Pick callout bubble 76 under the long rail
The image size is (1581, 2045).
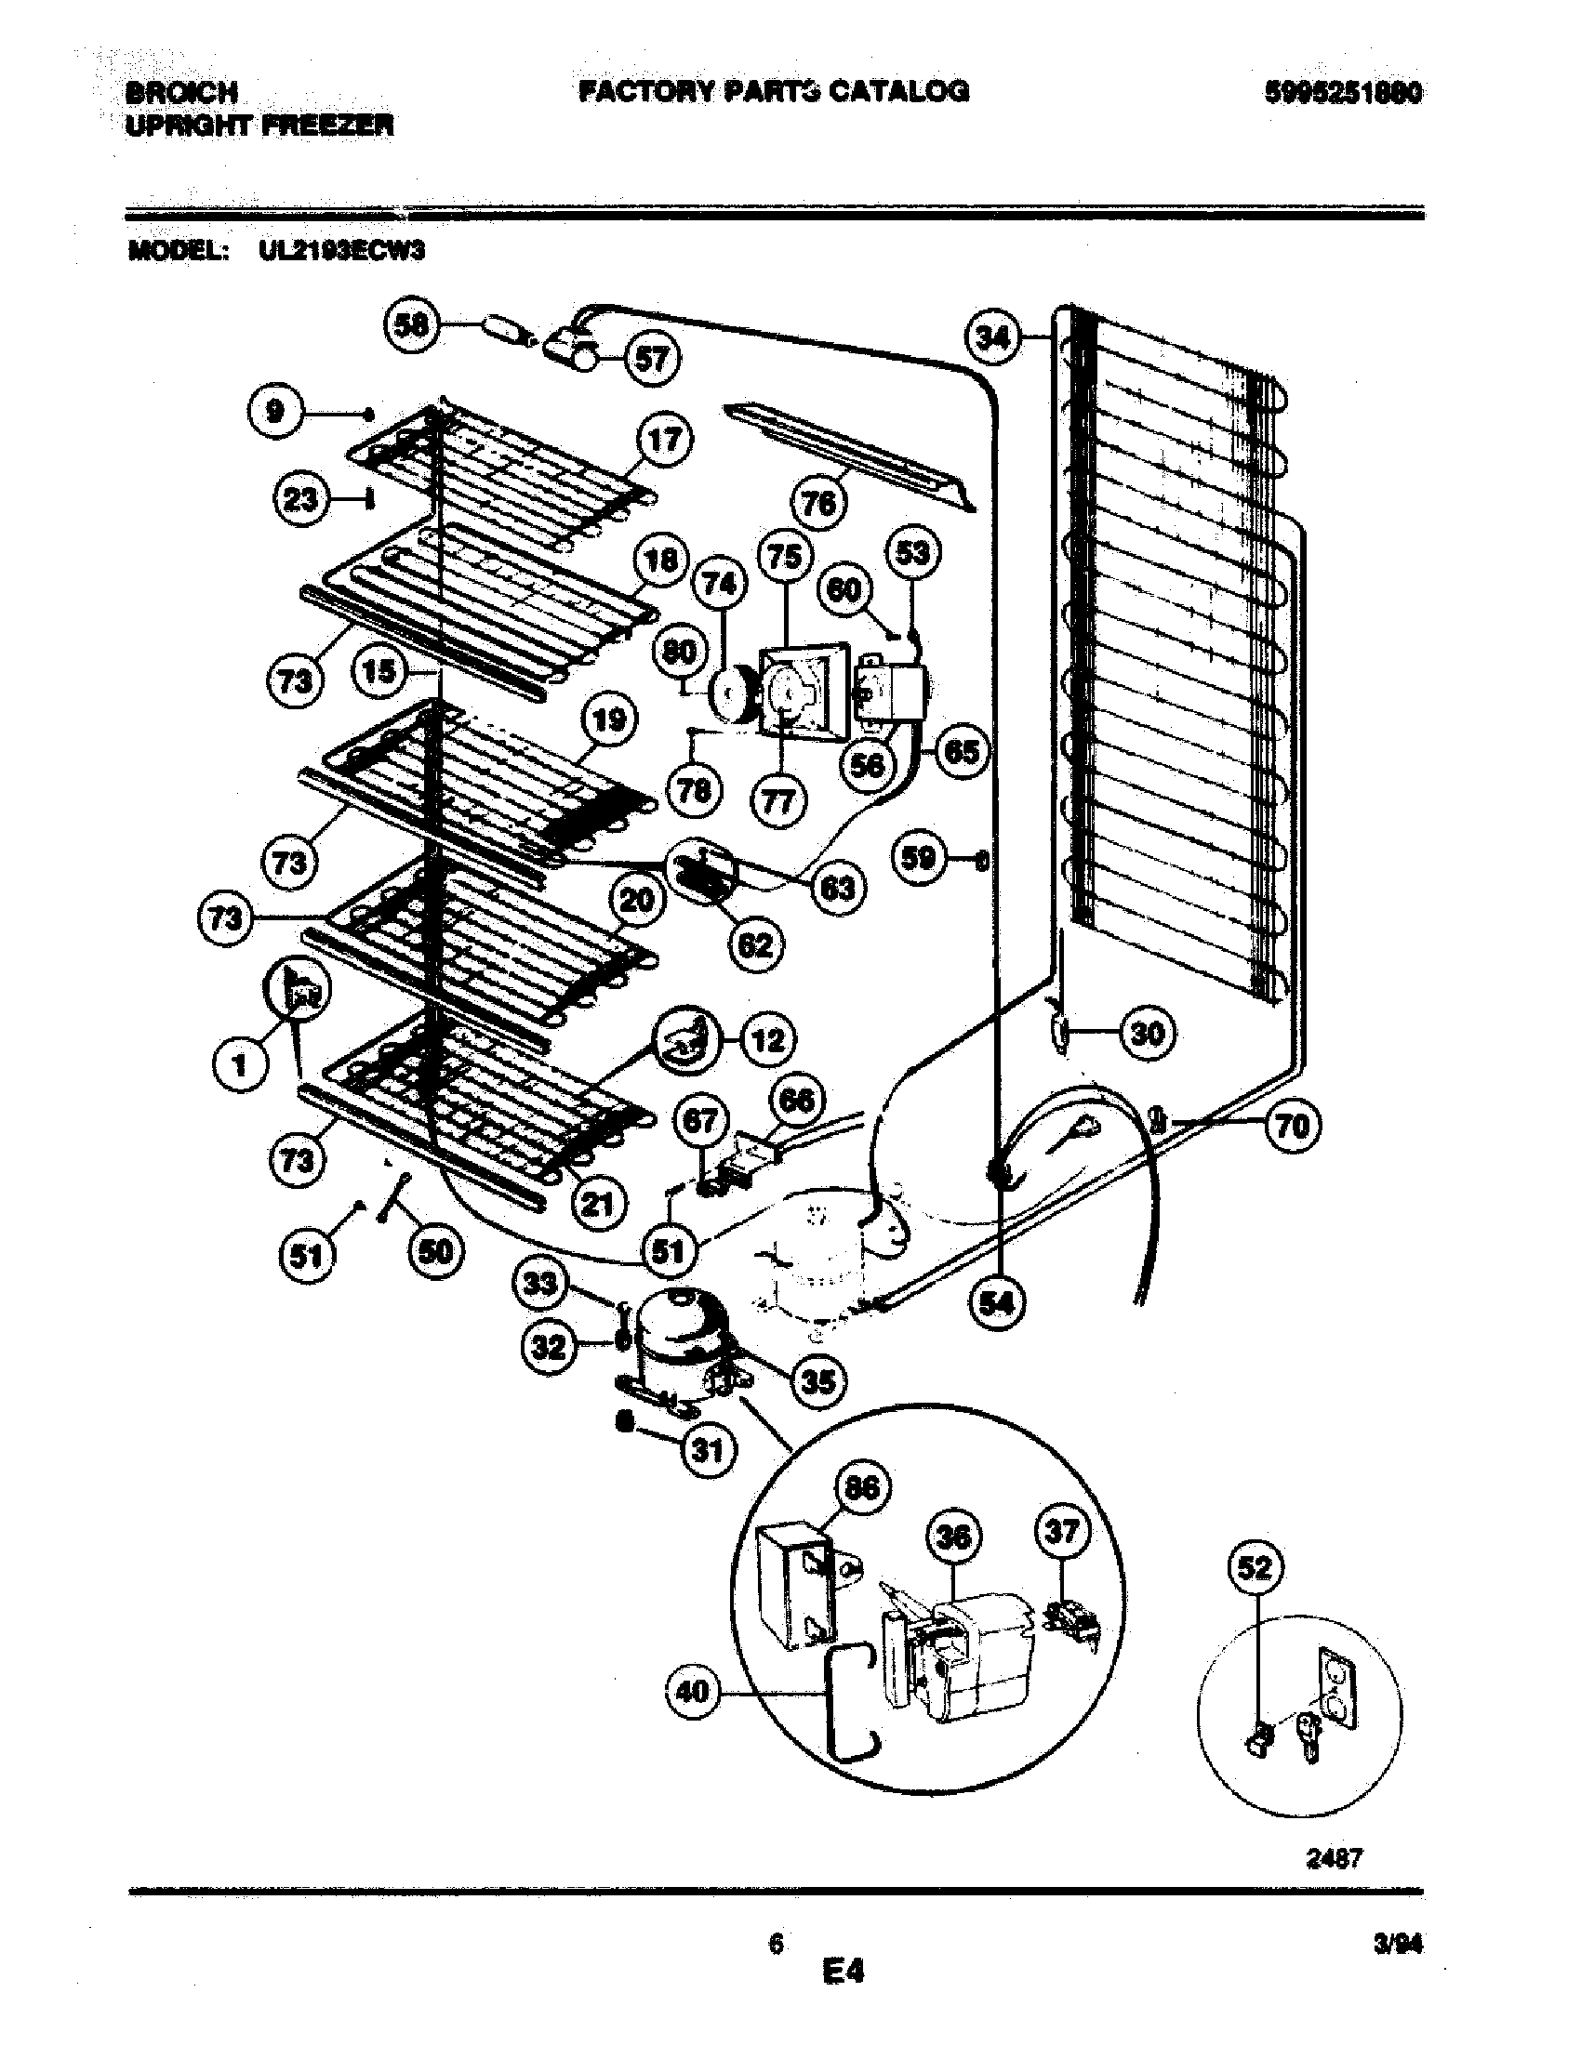[x=819, y=504]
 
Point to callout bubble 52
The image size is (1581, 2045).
[x=1256, y=1567]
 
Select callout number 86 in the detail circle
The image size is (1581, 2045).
[x=862, y=1488]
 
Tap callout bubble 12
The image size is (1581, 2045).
[x=768, y=1039]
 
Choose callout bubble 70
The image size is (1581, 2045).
[x=1293, y=1126]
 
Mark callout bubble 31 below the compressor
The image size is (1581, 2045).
[x=709, y=1450]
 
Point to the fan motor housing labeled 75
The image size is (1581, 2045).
[x=804, y=691]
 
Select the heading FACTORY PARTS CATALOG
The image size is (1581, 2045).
[x=774, y=91]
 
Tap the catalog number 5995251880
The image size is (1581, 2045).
[x=1343, y=92]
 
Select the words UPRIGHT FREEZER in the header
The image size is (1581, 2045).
[x=259, y=125]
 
